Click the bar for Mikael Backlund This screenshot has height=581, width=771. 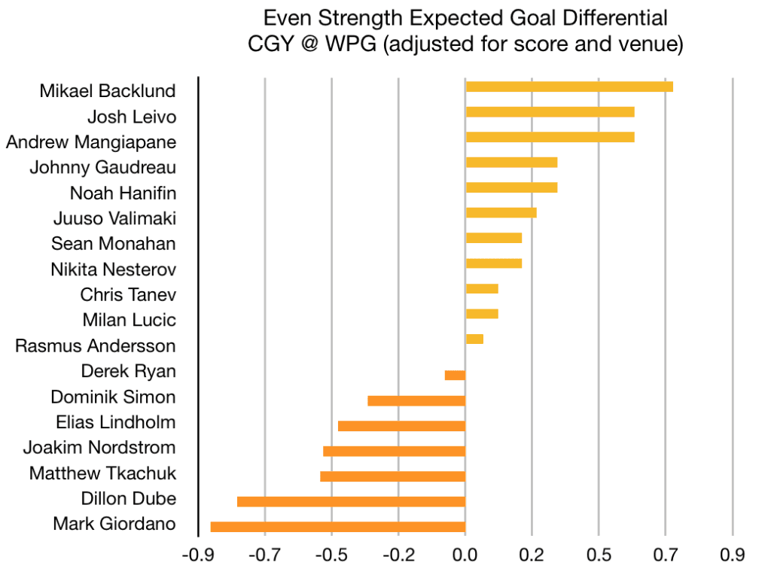(x=569, y=87)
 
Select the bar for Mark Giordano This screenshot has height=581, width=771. (x=338, y=527)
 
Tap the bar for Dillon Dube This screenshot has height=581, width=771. (x=351, y=501)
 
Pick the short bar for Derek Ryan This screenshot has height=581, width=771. (x=455, y=375)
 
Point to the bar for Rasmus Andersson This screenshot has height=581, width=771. (x=474, y=339)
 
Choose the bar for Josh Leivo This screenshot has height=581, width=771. (x=550, y=112)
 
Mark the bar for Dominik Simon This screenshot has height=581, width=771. (x=416, y=400)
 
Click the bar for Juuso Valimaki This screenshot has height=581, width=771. (x=501, y=212)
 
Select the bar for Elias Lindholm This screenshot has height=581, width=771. (x=401, y=426)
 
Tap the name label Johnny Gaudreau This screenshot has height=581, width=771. (x=102, y=167)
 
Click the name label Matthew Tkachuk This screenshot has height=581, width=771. (x=102, y=473)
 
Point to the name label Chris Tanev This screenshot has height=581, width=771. (x=128, y=294)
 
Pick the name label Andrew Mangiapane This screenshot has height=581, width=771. (x=91, y=141)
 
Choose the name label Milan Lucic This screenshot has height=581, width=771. (x=130, y=320)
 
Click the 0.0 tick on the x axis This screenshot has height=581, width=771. (x=465, y=556)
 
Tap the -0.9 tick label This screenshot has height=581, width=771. (x=198, y=556)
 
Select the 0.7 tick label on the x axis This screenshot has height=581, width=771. (x=666, y=556)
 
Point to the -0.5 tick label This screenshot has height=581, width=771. (x=331, y=556)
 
